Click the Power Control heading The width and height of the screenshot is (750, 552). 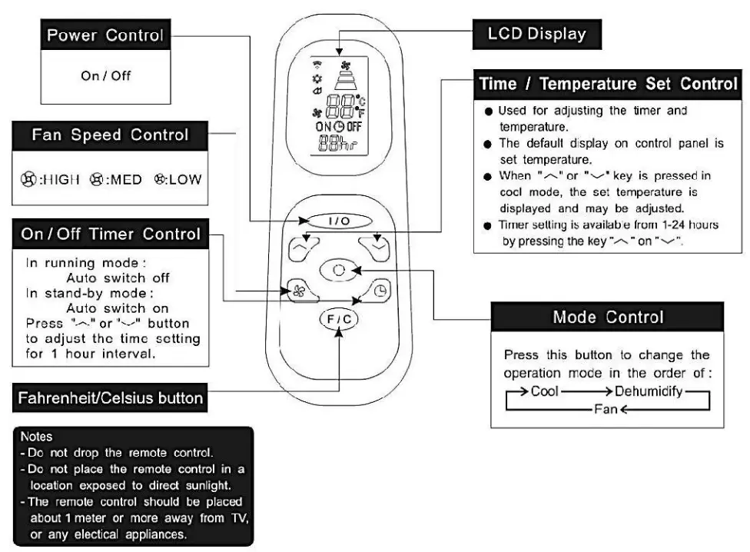[105, 35]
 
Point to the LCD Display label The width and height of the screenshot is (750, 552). [537, 33]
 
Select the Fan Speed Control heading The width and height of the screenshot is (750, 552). [109, 135]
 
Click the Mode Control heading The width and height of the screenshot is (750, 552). [608, 317]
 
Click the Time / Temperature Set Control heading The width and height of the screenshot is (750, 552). [609, 84]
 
